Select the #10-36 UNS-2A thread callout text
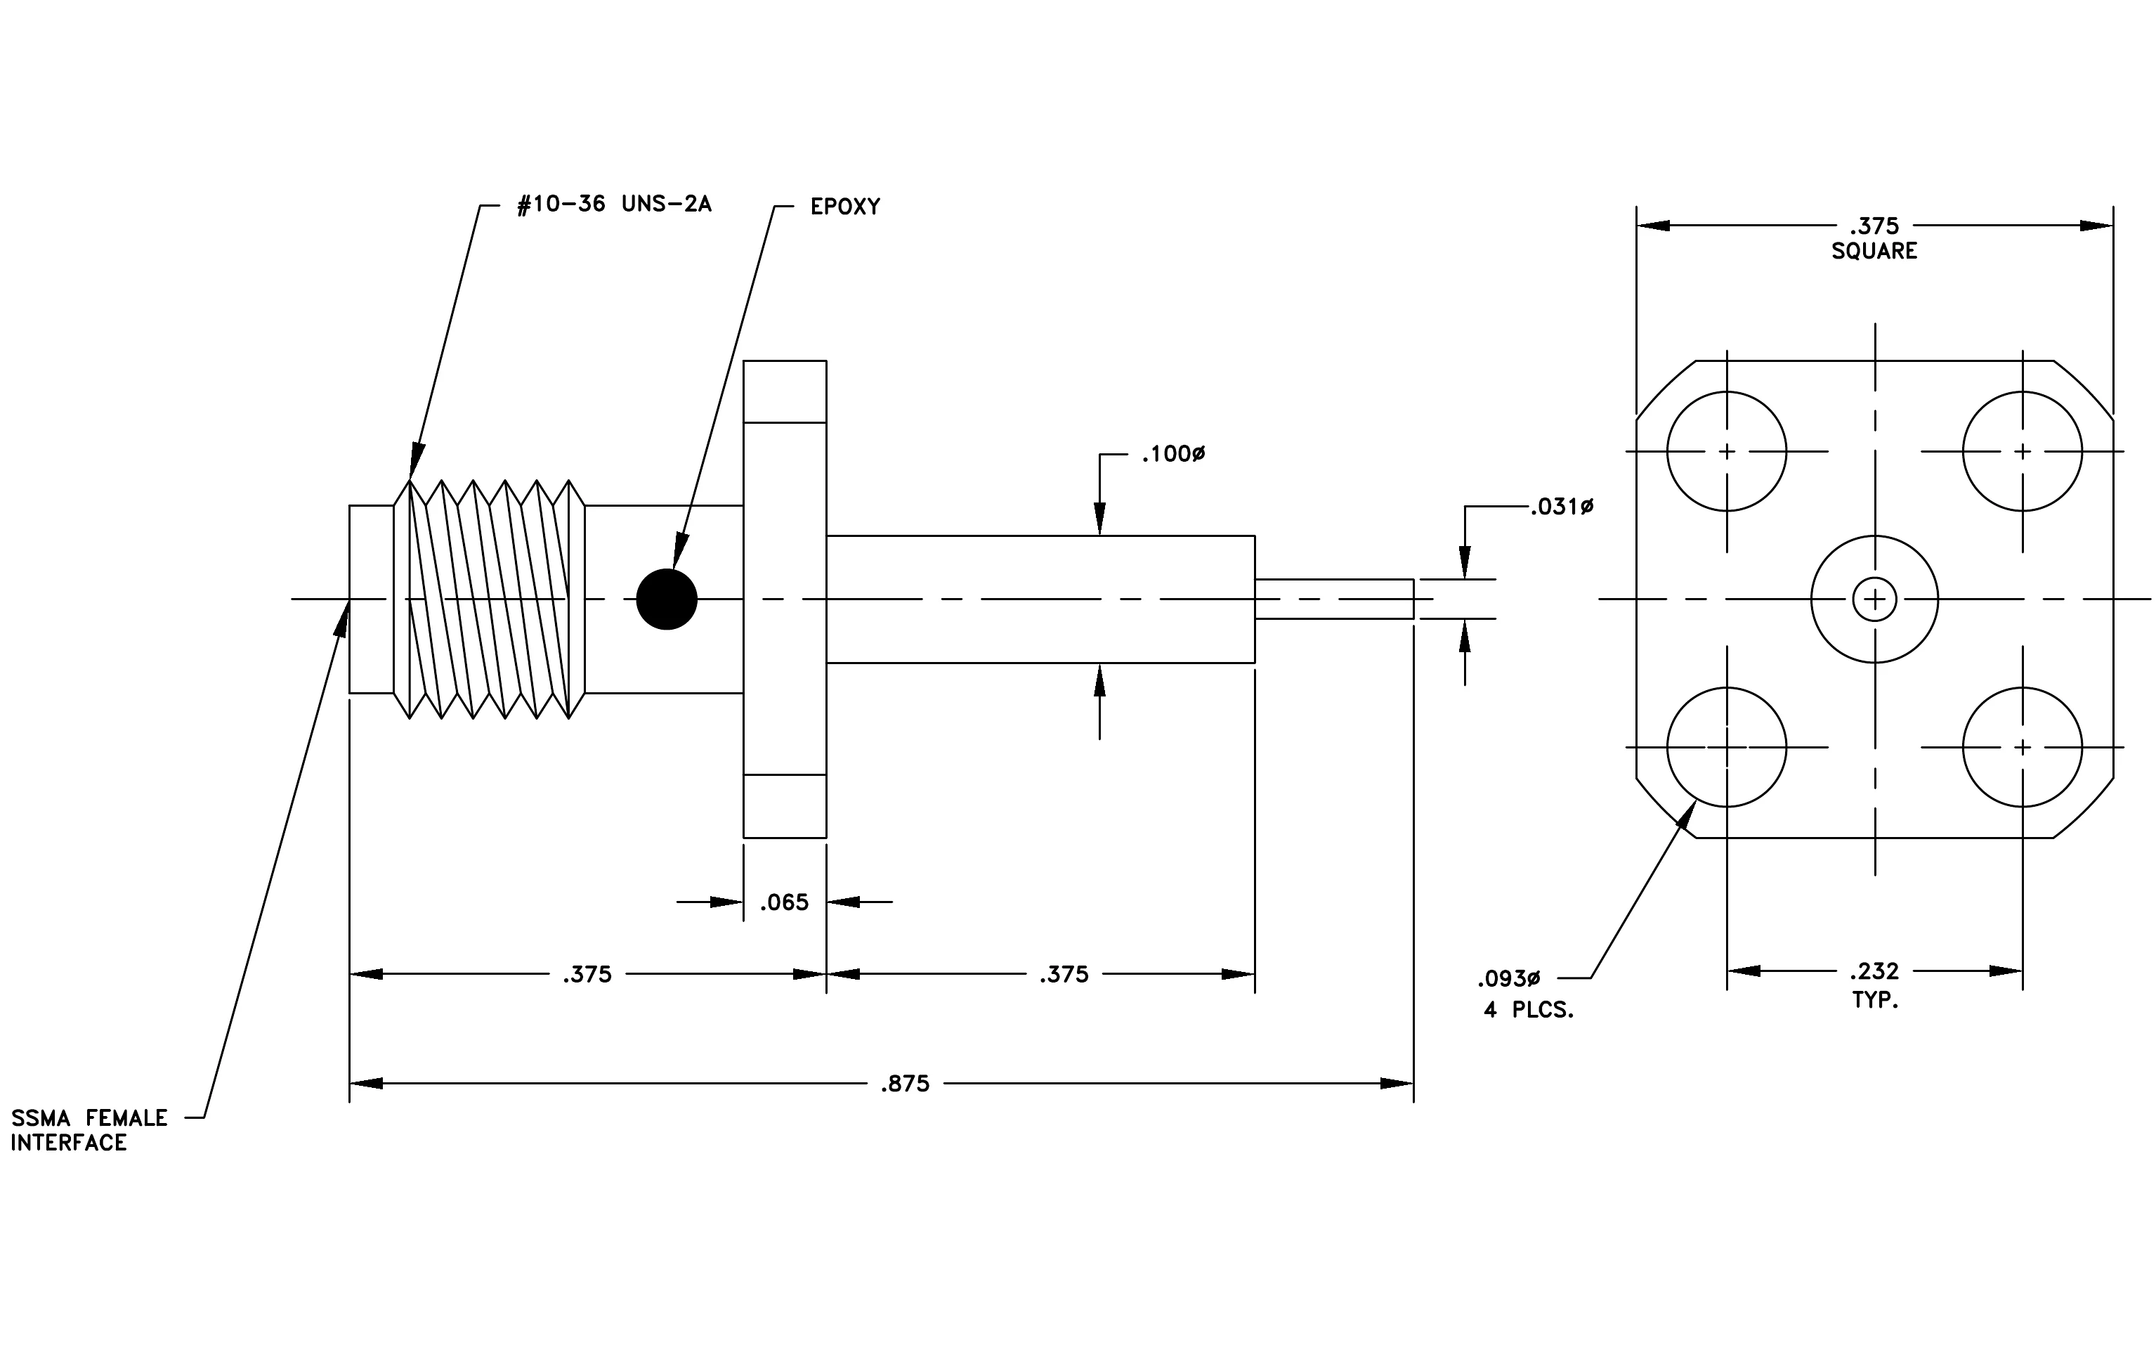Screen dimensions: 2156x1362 tap(614, 205)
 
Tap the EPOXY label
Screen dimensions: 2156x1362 tap(845, 207)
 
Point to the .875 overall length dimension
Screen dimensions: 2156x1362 tap(906, 1084)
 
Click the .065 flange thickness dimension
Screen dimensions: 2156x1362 tap(784, 902)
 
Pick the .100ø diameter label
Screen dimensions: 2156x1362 tap(1173, 455)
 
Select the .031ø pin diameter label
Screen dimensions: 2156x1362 tap(1562, 507)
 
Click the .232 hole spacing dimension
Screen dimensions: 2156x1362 tap(1874, 971)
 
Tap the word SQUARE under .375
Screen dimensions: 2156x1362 tap(1874, 252)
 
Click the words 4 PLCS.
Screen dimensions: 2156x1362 tap(1529, 1010)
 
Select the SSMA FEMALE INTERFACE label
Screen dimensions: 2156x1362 tap(89, 1130)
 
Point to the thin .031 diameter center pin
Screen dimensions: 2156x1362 tap(1334, 599)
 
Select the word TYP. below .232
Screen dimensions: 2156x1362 tap(1875, 1000)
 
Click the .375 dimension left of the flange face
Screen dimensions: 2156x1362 tap(587, 974)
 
